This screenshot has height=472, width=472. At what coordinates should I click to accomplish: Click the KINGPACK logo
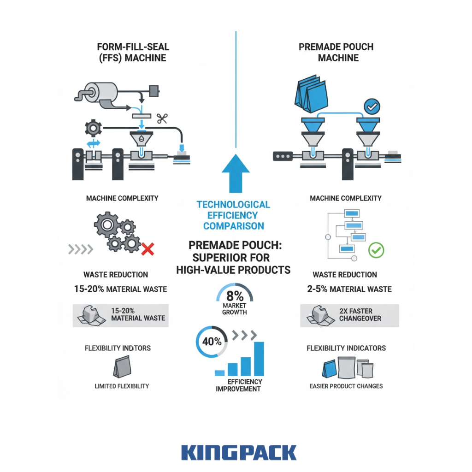click(239, 452)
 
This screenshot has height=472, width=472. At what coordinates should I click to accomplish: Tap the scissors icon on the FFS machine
click(161, 118)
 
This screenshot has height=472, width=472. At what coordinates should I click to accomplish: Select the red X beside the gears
click(147, 250)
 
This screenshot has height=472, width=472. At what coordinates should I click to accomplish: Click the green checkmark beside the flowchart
click(377, 250)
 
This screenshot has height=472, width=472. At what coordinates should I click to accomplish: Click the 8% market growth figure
click(235, 295)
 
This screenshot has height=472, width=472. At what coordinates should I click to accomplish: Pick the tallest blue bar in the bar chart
click(259, 358)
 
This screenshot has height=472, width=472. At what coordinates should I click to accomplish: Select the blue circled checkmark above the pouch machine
click(371, 106)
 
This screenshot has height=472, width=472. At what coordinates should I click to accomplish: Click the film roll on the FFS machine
click(94, 91)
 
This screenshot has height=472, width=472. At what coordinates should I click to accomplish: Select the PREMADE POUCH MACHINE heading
click(336, 52)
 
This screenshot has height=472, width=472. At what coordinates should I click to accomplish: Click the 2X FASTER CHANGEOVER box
click(349, 315)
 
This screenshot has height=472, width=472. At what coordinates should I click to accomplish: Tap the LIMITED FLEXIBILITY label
click(122, 386)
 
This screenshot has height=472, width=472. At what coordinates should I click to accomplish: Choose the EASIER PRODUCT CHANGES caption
click(346, 386)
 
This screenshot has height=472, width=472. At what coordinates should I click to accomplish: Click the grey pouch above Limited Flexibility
click(121, 368)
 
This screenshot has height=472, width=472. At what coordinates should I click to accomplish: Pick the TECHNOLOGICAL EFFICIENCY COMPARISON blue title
click(233, 215)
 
